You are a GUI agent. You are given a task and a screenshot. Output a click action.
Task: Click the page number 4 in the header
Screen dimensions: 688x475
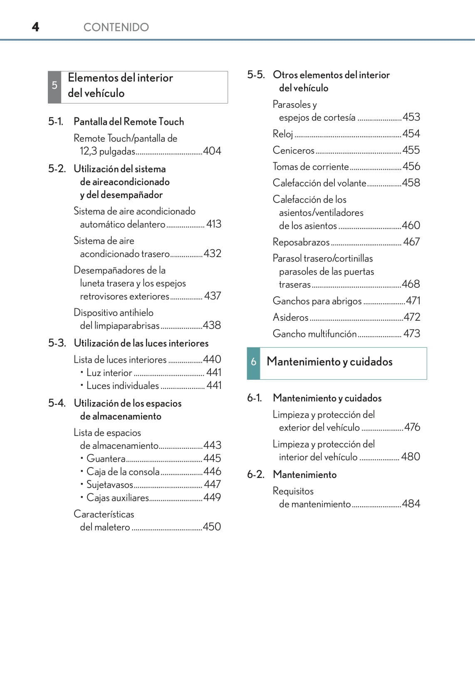36,27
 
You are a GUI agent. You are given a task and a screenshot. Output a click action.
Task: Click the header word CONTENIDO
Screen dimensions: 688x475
116,27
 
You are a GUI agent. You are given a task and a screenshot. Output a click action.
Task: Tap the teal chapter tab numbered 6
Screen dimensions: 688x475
253,362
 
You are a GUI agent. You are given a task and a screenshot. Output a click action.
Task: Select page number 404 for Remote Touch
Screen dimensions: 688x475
212,151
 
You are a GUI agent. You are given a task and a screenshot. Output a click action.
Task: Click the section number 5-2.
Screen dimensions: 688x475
57,169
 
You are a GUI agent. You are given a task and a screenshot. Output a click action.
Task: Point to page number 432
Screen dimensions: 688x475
213,253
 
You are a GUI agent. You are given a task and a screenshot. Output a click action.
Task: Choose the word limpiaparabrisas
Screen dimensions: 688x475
120,326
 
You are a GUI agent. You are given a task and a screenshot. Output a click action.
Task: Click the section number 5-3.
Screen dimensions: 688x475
57,343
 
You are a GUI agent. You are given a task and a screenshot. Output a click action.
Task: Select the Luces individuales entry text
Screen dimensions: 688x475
122,386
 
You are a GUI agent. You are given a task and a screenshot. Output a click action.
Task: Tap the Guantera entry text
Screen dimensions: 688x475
106,458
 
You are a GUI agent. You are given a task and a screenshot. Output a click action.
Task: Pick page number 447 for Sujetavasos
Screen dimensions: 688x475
212,485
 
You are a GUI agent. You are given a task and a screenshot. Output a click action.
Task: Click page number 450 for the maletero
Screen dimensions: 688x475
212,527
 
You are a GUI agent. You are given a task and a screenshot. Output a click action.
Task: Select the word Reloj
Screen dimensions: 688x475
283,134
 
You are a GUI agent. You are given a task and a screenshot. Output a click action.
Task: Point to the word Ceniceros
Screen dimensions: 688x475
294,150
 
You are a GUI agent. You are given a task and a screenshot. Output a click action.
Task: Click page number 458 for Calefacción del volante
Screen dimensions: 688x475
411,183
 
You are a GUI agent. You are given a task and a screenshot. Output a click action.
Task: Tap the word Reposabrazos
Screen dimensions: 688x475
301,242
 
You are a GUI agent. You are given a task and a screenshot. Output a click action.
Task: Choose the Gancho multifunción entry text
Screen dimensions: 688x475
314,334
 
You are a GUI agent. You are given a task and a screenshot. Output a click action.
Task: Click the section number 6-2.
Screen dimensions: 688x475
255,475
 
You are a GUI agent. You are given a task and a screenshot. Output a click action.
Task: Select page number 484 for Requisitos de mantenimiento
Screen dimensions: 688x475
411,504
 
